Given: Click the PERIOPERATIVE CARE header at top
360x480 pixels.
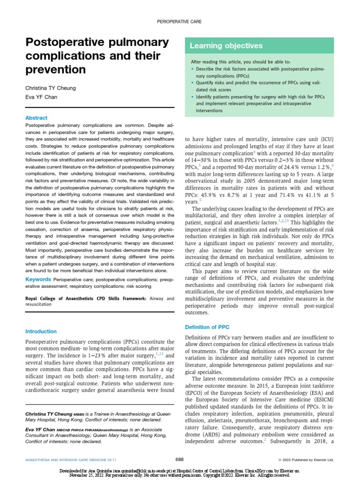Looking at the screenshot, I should pyautogui.click(x=180, y=21).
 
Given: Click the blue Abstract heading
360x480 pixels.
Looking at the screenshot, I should pyautogui.click(x=36, y=118).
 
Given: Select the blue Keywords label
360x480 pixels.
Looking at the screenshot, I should pyautogui.click(x=38, y=279).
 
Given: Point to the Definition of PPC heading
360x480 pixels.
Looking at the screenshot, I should pyautogui.click(x=207, y=327).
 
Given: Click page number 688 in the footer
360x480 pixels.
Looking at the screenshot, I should pyautogui.click(x=180, y=459).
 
